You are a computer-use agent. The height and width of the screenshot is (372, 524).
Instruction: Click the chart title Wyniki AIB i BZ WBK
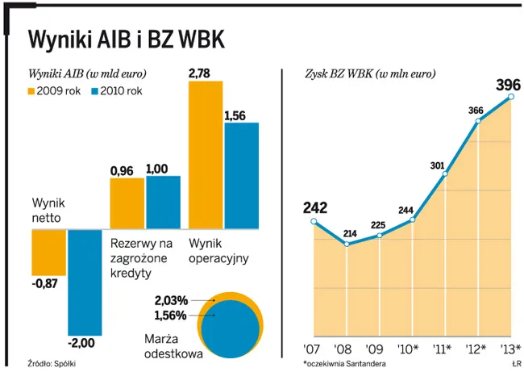pos(126,38)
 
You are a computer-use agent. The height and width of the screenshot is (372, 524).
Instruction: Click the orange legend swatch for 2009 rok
pos(33,91)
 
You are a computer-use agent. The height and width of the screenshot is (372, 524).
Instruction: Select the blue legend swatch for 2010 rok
pos(96,91)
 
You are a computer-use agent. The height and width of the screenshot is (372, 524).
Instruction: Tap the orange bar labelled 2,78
pos(205,153)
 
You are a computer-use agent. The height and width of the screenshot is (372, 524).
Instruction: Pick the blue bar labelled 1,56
pos(241,175)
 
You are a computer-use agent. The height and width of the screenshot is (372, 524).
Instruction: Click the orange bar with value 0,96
pos(127,203)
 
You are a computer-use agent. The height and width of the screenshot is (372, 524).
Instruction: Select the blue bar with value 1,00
pos(163,202)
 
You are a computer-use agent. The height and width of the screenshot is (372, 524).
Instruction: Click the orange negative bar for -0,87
pos(48,251)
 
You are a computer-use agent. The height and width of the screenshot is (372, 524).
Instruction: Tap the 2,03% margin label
pos(170,300)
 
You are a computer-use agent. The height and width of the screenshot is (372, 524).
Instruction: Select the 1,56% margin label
pos(170,314)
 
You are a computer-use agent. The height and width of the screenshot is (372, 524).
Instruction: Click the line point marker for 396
pos(511,98)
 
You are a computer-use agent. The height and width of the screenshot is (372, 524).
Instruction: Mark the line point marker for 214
pos(347,244)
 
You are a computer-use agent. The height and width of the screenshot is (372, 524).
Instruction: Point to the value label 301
pos(438,165)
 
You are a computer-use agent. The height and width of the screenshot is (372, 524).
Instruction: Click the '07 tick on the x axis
pos(313,350)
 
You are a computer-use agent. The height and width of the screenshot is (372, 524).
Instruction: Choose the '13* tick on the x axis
pos(510,350)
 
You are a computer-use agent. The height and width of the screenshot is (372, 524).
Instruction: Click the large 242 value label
pos(314,207)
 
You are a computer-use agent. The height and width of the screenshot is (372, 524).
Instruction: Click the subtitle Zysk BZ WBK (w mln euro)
pos(370,73)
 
